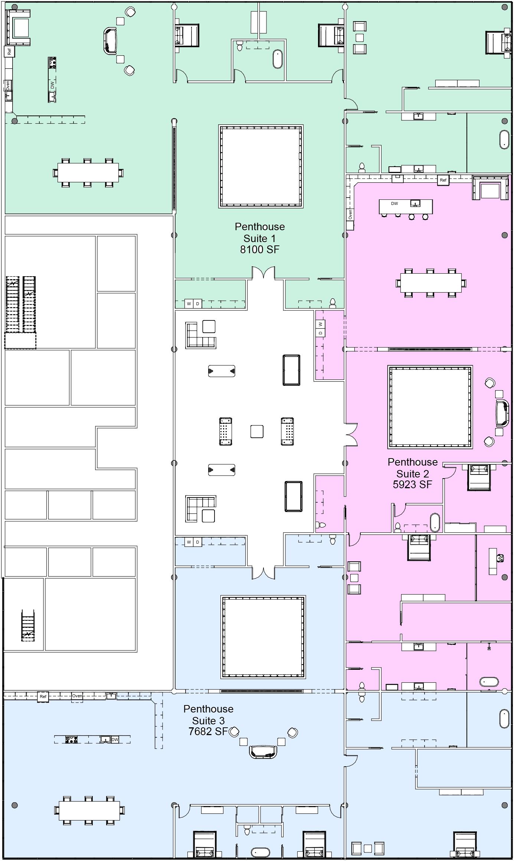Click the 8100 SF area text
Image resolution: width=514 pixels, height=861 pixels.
point(259,250)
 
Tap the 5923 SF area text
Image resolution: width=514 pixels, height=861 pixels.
point(412,485)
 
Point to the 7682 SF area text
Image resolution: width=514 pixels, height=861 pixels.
point(208,731)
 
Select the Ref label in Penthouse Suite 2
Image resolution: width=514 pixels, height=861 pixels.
point(443,180)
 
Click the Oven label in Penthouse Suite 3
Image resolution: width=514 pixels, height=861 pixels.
point(77,696)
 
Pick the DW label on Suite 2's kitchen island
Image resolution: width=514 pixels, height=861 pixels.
point(394,203)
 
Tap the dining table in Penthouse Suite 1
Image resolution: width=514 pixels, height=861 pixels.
point(88,173)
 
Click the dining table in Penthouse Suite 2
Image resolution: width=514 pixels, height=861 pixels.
point(430,283)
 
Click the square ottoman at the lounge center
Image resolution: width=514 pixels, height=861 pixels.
point(257,431)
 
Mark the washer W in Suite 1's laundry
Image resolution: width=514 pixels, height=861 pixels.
point(189,304)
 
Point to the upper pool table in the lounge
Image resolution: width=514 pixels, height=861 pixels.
point(291,370)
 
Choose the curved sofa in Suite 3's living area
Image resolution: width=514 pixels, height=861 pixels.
point(263,751)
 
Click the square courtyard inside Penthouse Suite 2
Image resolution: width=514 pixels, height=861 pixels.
point(430,407)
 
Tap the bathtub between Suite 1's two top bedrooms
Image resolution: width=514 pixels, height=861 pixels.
point(277,59)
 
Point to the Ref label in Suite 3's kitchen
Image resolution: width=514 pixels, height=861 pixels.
point(43,697)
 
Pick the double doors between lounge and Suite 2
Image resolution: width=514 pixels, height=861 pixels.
point(351,434)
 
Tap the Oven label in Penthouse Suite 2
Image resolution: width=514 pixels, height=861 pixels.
point(350,214)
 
